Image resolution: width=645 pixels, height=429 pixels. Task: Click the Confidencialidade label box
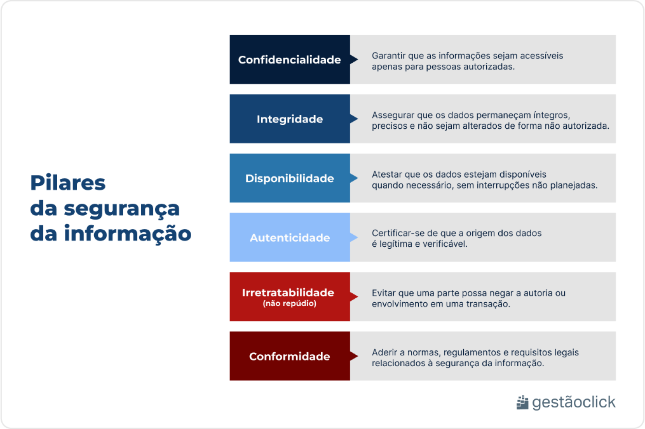[x=289, y=60]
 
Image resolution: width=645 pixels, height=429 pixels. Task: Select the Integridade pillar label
[x=289, y=119]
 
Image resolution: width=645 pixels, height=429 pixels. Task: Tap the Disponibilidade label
[x=289, y=178]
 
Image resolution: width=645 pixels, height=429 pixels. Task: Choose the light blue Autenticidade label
[x=289, y=238]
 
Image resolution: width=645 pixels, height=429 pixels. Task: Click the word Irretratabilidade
[x=288, y=293]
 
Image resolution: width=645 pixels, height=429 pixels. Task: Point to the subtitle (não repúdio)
[x=289, y=303]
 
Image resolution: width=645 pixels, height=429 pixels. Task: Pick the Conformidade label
[x=289, y=356]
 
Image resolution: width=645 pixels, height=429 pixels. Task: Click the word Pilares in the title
[x=68, y=183]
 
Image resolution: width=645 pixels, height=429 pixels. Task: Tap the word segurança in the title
[x=122, y=209]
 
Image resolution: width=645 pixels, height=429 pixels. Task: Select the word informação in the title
[x=128, y=234]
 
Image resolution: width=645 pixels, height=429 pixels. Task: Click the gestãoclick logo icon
[x=522, y=402]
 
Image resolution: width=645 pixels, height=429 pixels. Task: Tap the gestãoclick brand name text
[x=573, y=402]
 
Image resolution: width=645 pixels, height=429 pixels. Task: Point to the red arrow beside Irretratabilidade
[x=354, y=297]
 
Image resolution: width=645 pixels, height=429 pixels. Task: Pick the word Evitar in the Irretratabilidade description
[x=383, y=293]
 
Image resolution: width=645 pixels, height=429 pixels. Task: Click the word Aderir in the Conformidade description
[x=383, y=352]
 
